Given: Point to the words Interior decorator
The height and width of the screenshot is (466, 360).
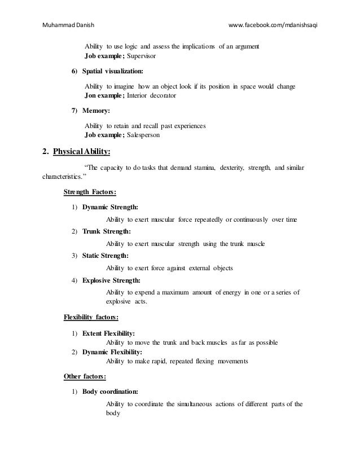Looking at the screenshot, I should pos(151,96).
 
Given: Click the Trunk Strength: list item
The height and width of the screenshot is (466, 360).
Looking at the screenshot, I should pos(107,231).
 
